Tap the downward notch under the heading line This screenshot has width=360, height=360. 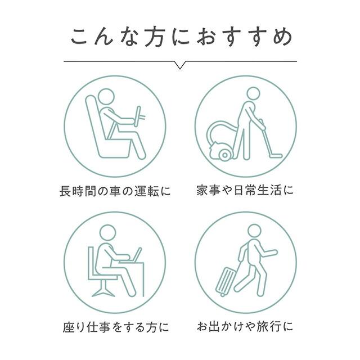180,65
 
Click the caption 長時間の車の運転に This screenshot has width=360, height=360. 115,190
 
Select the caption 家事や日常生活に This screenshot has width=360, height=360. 245,190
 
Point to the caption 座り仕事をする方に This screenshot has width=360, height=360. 115,327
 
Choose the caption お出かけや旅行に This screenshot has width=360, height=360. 245,327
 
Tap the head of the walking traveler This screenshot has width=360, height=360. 254,231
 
